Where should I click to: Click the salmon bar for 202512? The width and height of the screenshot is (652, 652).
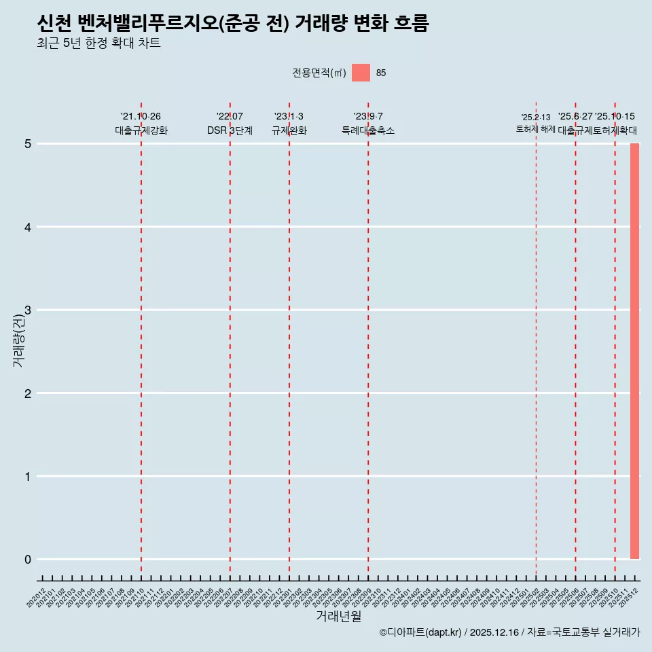[x=634, y=351]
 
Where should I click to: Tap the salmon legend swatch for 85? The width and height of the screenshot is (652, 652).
[x=361, y=73]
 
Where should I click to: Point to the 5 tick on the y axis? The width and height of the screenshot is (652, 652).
[x=28, y=144]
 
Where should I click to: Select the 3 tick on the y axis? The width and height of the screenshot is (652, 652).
[x=28, y=310]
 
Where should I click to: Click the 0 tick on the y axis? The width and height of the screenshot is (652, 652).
[x=28, y=560]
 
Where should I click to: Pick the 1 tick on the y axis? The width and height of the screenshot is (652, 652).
[x=28, y=477]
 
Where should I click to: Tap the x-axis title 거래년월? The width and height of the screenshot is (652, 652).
[x=338, y=616]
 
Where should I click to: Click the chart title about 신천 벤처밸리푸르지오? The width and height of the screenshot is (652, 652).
[x=233, y=24]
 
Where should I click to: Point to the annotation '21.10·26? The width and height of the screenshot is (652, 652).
[x=141, y=117]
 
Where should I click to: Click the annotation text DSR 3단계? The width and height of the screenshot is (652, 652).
[x=230, y=130]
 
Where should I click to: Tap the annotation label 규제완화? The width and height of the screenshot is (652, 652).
[x=289, y=130]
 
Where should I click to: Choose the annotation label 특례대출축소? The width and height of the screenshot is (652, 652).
[x=367, y=130]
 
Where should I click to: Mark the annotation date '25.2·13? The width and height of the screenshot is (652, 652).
[x=536, y=117]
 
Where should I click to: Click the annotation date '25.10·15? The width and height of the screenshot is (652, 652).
[x=615, y=117]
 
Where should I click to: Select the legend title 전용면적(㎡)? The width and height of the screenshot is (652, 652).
[x=319, y=73]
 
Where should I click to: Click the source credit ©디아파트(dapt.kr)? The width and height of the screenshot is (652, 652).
[x=420, y=633]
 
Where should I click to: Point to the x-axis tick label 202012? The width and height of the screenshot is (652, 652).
[x=37, y=598]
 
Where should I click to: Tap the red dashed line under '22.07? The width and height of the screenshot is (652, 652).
[x=230, y=340]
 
